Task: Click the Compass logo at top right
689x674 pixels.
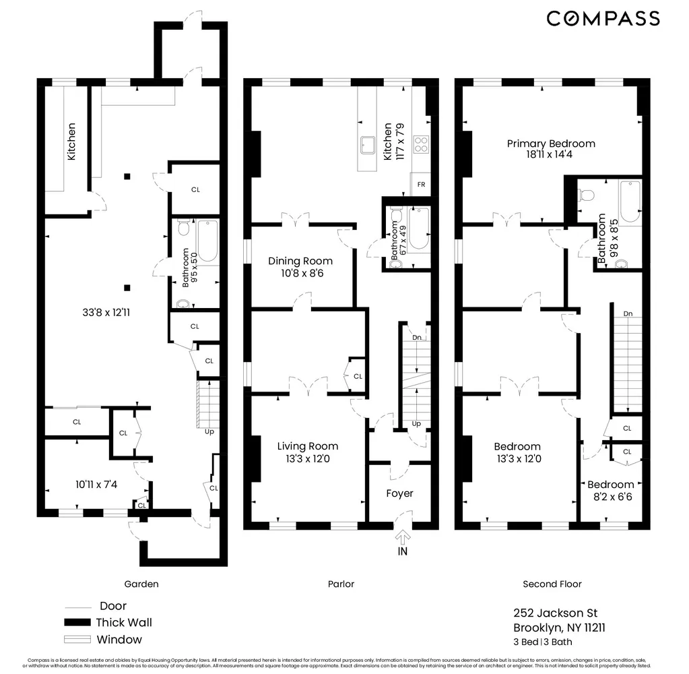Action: tap(603, 19)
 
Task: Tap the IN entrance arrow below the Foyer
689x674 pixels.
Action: tap(403, 538)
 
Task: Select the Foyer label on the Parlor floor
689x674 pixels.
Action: tap(399, 493)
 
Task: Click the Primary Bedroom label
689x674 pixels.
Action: tap(551, 144)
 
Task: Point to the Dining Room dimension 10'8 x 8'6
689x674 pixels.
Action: tap(300, 274)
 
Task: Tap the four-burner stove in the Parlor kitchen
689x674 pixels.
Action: tap(421, 144)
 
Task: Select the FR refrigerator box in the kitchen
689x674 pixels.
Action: tap(421, 184)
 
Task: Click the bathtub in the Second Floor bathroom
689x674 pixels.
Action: tap(630, 201)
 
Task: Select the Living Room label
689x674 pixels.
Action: tap(308, 446)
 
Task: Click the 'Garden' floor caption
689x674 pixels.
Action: tap(141, 584)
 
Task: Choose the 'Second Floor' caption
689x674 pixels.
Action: tap(552, 584)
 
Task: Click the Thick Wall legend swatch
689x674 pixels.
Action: tap(77, 622)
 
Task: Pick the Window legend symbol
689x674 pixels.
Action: tap(77, 639)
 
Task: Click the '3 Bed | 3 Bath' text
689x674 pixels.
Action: tap(543, 642)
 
